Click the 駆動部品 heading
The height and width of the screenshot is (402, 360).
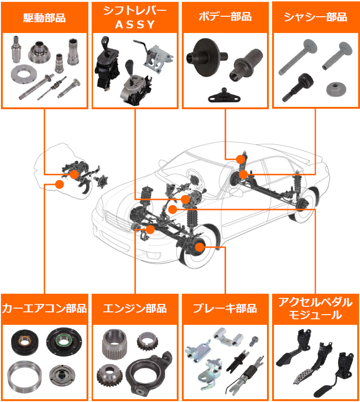pyautogui.click(x=44, y=18)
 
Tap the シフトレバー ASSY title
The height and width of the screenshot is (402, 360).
pyautogui.click(x=134, y=18)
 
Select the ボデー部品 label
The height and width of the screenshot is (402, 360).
pyautogui.click(x=225, y=17)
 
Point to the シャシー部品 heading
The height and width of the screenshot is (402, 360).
pyautogui.click(x=315, y=17)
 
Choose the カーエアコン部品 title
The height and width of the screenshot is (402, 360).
pyautogui.click(x=44, y=309)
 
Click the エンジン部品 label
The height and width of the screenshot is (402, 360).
pyautogui.click(x=134, y=309)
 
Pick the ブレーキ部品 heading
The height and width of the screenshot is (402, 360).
pyautogui.click(x=225, y=309)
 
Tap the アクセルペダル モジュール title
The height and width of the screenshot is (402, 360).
pyautogui.click(x=315, y=309)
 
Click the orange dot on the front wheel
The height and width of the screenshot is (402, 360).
pyautogui.click(x=200, y=247)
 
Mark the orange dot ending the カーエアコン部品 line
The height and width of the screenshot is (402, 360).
pyautogui.click(x=59, y=184)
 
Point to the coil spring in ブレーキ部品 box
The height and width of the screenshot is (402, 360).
pyautogui.click(x=248, y=370)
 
